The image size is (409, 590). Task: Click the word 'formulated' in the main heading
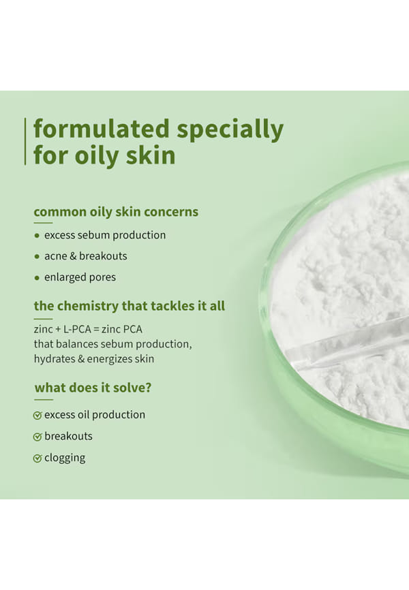102,129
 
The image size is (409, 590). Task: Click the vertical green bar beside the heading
25,142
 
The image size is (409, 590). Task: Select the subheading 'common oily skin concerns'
116,212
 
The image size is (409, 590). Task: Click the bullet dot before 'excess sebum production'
37,236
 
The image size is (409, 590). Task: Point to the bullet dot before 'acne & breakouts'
37,257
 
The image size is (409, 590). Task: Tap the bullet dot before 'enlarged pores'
37,278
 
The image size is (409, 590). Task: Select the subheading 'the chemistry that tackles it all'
130,306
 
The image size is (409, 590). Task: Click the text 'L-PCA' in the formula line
77,329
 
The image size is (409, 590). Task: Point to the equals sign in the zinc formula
96,330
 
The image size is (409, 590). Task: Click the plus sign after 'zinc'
58,330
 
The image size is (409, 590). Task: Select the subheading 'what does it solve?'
93,388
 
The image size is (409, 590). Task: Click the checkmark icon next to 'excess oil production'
37,416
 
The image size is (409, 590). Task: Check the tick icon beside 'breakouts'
37,437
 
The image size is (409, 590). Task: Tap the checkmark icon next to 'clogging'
37,459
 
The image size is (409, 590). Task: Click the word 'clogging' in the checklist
65,459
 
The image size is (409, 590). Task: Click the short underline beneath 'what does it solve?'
44,400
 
